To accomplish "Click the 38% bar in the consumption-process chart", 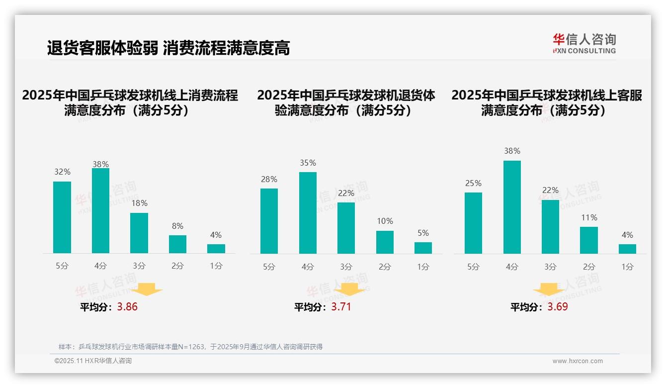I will pyautogui.click(x=100, y=211).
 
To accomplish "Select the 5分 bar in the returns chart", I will pyautogui.click(x=269, y=221).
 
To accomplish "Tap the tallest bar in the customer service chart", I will pyautogui.click(x=512, y=207).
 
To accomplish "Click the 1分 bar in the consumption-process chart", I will pyautogui.click(x=216, y=249).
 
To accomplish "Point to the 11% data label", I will pyautogui.click(x=589, y=217).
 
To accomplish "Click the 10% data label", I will pyautogui.click(x=385, y=221).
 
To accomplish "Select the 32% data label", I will pyautogui.click(x=62, y=172).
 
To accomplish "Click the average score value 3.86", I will pyautogui.click(x=127, y=307).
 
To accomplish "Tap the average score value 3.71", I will pyautogui.click(x=341, y=307).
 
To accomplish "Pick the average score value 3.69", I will pyautogui.click(x=558, y=307).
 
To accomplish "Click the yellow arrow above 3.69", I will pyautogui.click(x=549, y=289).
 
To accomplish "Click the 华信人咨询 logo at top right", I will pyautogui.click(x=584, y=43).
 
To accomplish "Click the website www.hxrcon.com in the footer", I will pyautogui.click(x=577, y=361).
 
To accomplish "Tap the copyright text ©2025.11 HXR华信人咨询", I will pyautogui.click(x=93, y=361).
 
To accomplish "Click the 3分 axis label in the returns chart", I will pyautogui.click(x=346, y=267).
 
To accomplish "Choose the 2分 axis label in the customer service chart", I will pyautogui.click(x=589, y=267).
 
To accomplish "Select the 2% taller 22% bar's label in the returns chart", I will pyautogui.click(x=346, y=193).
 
